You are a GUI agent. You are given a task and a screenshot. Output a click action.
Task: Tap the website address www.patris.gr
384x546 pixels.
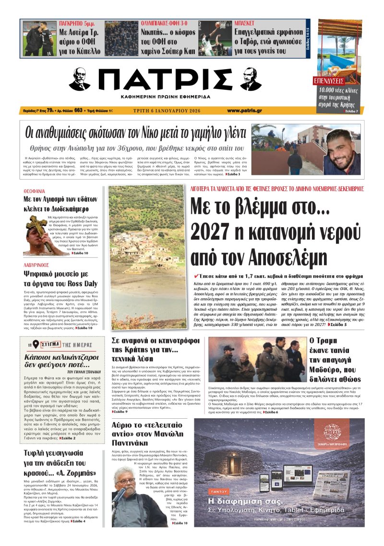[x=244, y=111]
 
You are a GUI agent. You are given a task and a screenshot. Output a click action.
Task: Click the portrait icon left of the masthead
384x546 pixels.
[x=79, y=79]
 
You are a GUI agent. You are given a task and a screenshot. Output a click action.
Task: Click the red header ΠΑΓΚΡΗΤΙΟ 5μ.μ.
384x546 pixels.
[x=80, y=23]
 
